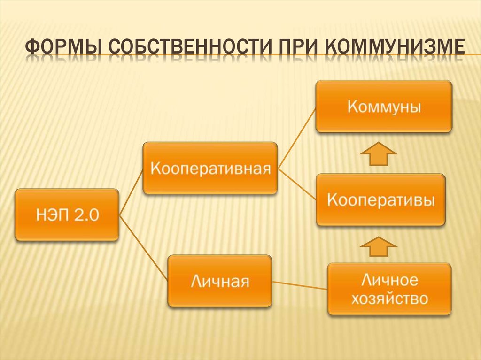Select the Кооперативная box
tap(210, 168)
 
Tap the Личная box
tap(219, 281)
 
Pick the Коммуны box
tap(383, 106)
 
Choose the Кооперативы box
tap(380, 200)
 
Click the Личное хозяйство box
tap(389, 289)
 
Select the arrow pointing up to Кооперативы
tap(379, 246)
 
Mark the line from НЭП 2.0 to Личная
tap(143, 249)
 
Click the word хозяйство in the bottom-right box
tap(389, 299)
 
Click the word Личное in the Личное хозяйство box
tap(389, 280)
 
